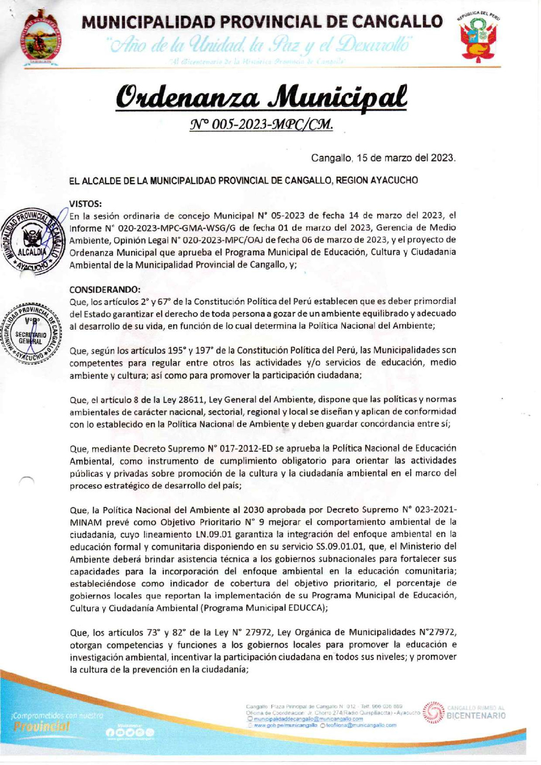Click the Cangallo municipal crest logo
[42, 40]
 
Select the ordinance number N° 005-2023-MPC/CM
[261, 124]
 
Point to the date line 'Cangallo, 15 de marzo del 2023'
[383, 158]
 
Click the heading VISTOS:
[85, 203]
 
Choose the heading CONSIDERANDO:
[105, 289]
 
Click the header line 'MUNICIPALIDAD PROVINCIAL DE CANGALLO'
[262, 21]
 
